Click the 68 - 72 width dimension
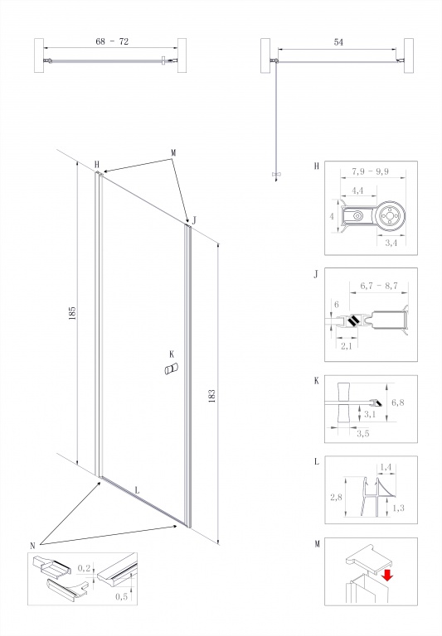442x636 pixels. [112, 41]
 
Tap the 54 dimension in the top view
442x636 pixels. [338, 41]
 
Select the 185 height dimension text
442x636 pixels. [73, 313]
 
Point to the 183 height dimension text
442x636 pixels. [211, 396]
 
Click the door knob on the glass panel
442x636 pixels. [171, 369]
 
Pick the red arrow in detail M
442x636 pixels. [387, 575]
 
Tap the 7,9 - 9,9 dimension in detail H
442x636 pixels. [370, 171]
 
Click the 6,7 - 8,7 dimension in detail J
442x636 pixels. [379, 286]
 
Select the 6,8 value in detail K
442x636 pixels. [398, 402]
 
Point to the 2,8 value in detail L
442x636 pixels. [336, 497]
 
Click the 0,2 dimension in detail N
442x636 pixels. [84, 568]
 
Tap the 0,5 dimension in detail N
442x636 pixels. [121, 596]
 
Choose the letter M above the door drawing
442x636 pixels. [173, 153]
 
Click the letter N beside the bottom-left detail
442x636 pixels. [33, 546]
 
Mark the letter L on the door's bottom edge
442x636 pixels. [138, 490]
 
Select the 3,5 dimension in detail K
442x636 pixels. [362, 433]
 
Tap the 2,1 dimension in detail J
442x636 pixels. [346, 346]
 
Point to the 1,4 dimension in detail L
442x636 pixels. [385, 467]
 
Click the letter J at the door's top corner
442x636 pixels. [194, 220]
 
